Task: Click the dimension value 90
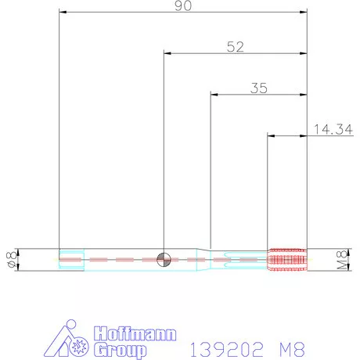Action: pyautogui.click(x=183, y=5)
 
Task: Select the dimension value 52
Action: pyautogui.click(x=235, y=46)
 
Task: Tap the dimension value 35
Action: pyautogui.click(x=259, y=88)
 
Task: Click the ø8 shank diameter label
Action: pyautogui.click(x=11, y=259)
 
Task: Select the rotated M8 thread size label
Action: pyautogui.click(x=341, y=259)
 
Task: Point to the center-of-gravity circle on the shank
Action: pyautogui.click(x=164, y=259)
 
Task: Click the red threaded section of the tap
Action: pyautogui.click(x=286, y=259)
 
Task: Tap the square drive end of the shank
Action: pyautogui.click(x=71, y=259)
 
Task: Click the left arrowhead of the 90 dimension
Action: pyautogui.click(x=63, y=13)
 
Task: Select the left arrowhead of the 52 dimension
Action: pyautogui.click(x=167, y=54)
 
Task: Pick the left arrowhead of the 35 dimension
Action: pyautogui.click(x=214, y=95)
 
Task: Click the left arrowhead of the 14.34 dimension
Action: pyautogui.click(x=271, y=135)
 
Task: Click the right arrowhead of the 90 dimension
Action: pyautogui.click(x=304, y=13)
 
